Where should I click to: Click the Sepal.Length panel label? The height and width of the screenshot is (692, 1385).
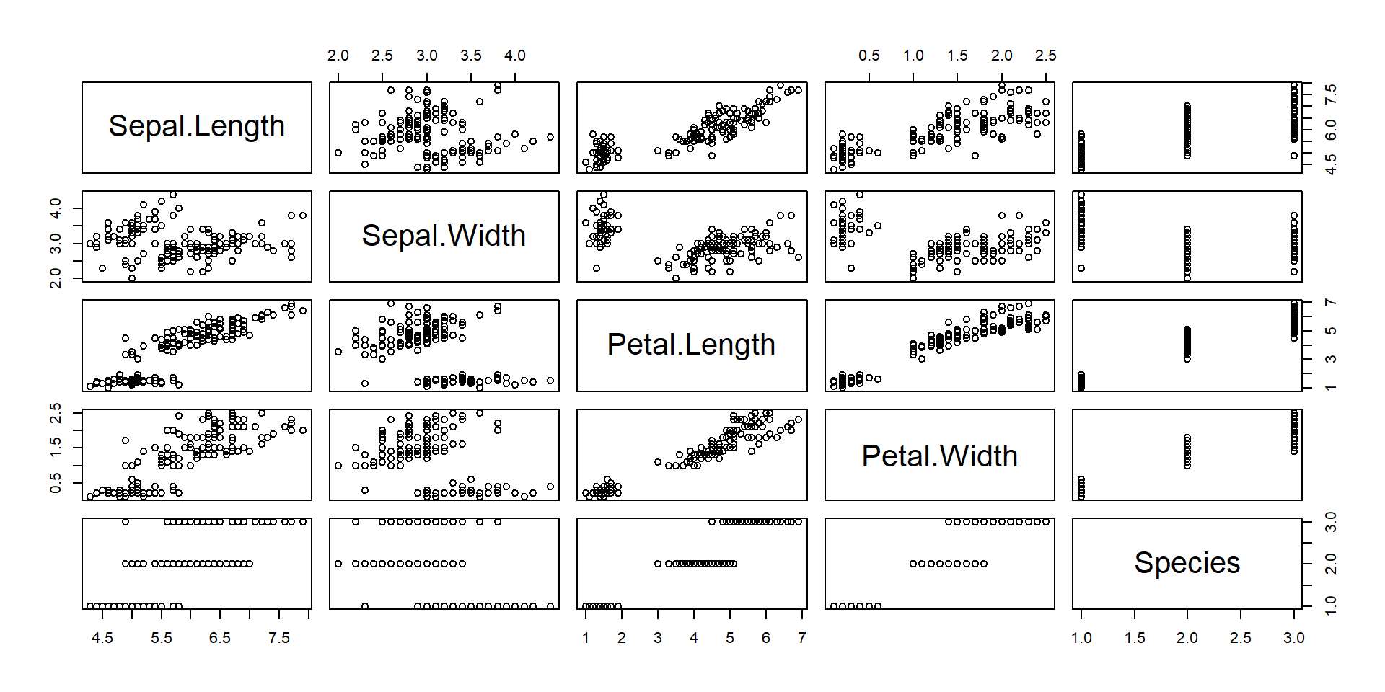[196, 127]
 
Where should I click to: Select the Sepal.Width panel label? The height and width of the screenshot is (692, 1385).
[444, 236]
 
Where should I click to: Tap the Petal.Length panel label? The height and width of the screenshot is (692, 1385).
[691, 345]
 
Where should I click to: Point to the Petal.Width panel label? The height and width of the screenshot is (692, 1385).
[939, 456]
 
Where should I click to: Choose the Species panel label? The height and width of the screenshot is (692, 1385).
[1187, 563]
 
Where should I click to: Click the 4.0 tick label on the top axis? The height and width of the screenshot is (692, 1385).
[514, 56]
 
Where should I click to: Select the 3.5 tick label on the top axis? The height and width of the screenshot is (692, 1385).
[470, 56]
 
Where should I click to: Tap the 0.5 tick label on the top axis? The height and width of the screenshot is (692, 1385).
[869, 56]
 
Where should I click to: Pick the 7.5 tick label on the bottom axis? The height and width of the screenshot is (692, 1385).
[278, 638]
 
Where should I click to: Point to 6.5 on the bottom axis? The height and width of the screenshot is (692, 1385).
[220, 638]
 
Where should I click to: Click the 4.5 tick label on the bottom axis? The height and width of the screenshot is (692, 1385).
[102, 638]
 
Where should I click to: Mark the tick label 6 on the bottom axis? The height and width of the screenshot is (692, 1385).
[765, 638]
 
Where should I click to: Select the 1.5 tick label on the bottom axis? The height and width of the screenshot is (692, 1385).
[1135, 638]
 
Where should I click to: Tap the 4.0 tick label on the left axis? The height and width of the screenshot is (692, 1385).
[56, 209]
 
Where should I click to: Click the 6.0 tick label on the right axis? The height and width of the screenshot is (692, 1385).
[1331, 130]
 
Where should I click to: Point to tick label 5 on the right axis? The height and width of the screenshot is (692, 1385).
[1331, 331]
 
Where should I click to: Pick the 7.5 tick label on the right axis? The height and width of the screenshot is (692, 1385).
[1331, 94]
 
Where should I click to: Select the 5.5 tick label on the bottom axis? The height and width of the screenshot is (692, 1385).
[162, 638]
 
